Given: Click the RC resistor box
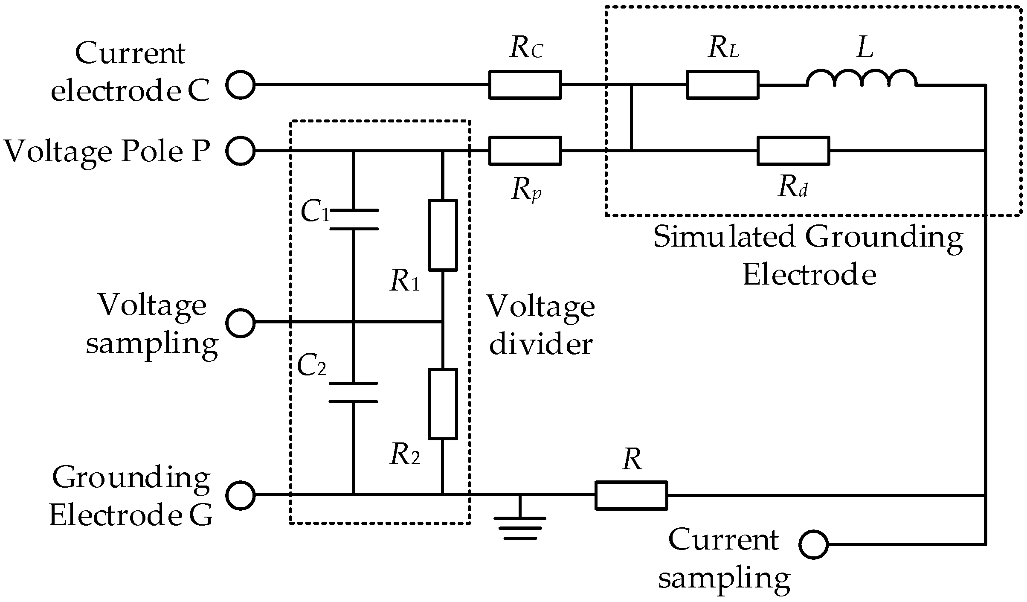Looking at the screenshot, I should (x=525, y=85).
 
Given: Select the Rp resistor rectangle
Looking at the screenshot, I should (x=525, y=151).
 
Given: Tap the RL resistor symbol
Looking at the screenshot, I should (x=722, y=85).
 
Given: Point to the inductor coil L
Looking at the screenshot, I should (x=862, y=79).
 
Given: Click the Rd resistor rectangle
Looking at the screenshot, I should (x=793, y=151).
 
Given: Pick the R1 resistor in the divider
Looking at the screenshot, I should (x=443, y=235).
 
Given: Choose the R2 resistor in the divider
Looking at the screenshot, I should (x=443, y=404).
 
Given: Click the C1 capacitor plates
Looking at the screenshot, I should (x=354, y=220).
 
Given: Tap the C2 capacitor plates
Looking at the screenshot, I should (x=354, y=393).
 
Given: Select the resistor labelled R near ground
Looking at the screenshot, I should (x=631, y=495).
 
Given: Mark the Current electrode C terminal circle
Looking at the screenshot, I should (x=241, y=85).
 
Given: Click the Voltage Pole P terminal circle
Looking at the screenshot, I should (x=241, y=151).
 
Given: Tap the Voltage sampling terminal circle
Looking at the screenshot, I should (x=241, y=323).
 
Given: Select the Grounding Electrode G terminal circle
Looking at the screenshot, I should (x=241, y=495).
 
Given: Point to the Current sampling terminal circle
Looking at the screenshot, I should (x=813, y=545).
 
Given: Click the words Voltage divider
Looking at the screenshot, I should (x=541, y=325).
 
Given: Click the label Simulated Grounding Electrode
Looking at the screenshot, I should (x=808, y=256).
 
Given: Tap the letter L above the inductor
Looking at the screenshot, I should (x=865, y=48).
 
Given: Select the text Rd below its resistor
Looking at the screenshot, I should (x=792, y=187).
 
